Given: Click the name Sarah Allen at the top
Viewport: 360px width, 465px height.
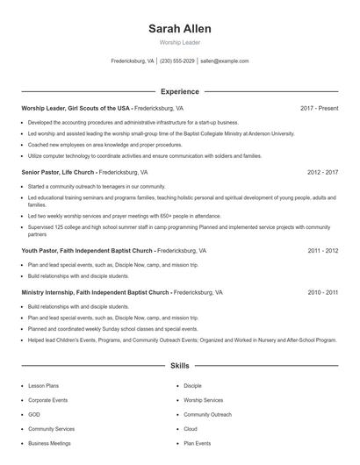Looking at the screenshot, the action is (x=179, y=29).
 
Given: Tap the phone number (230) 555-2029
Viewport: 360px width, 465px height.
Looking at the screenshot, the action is (x=176, y=61).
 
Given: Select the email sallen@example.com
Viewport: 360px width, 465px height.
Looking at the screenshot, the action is (x=225, y=61).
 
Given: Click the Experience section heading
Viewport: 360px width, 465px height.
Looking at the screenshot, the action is (x=179, y=91).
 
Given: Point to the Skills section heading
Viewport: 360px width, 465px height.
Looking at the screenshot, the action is (x=179, y=365).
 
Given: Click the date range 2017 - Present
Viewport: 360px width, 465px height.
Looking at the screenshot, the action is (x=319, y=108).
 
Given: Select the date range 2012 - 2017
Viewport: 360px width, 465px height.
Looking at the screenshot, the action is (x=322, y=172).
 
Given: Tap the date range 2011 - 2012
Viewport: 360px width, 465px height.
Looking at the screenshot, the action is (x=322, y=250).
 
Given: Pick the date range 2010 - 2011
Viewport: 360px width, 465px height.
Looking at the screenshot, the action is (x=322, y=292).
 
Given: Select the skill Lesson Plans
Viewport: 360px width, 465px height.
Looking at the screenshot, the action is (x=44, y=385).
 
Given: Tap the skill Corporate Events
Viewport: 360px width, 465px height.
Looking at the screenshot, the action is (x=47, y=400).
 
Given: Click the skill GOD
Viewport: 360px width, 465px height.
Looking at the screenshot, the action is (x=34, y=414).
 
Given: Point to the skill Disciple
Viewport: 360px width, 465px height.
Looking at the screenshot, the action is (x=192, y=385).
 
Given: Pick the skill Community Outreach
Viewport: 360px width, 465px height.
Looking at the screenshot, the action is (x=207, y=414).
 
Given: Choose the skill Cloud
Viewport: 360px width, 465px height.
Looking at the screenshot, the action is (x=191, y=429).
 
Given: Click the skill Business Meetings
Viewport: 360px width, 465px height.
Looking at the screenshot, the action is (x=49, y=443).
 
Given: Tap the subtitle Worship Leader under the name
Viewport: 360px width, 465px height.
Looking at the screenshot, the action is (x=179, y=42).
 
